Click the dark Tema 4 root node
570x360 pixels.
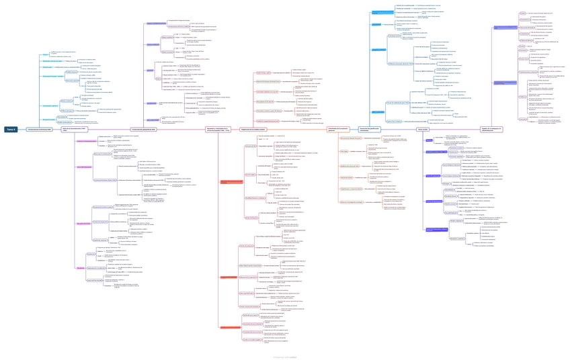coord(11,129)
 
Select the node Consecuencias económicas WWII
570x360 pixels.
coord(40,129)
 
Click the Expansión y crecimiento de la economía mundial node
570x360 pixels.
coord(218,129)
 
